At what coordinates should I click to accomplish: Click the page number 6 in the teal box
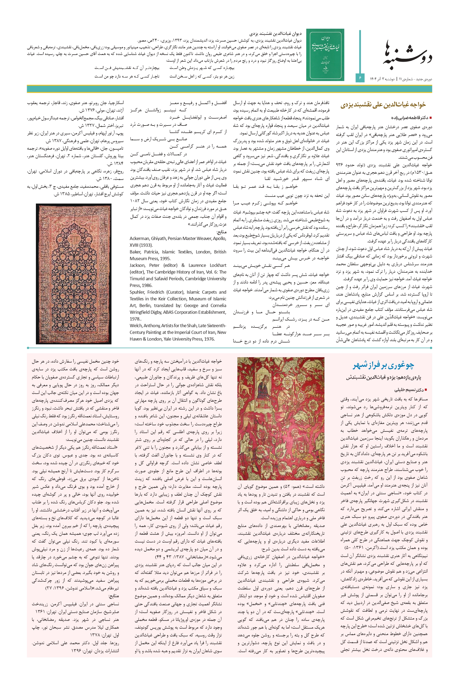(x=360, y=78)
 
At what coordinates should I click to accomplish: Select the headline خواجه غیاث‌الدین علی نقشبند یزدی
(x=383, y=105)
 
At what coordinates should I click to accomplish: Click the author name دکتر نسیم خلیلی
(x=409, y=390)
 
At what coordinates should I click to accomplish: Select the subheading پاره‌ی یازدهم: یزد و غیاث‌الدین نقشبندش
(x=384, y=377)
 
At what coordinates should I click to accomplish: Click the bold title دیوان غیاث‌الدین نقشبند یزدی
(x=275, y=34)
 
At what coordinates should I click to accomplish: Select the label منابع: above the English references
(x=221, y=232)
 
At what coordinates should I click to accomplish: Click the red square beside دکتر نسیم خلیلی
(x=426, y=390)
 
